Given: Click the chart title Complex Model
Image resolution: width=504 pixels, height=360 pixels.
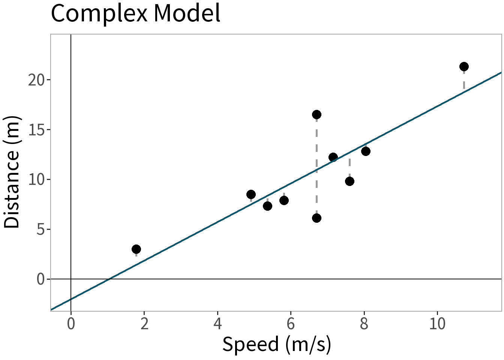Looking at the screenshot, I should pyautogui.click(x=135, y=13).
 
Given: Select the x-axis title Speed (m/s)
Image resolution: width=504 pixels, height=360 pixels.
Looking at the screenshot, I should pyautogui.click(x=277, y=344).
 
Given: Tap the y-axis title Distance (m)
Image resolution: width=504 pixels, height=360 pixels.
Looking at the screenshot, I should pyautogui.click(x=12, y=172).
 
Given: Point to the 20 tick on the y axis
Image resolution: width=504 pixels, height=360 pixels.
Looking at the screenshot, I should pyautogui.click(x=36, y=80).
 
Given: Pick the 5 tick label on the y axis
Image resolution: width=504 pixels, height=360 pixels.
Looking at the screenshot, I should pyautogui.click(x=40, y=229).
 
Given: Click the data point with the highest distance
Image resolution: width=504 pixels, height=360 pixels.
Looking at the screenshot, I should pyautogui.click(x=464, y=67).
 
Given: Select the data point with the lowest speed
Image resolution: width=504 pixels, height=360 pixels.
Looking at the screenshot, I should pyautogui.click(x=136, y=249).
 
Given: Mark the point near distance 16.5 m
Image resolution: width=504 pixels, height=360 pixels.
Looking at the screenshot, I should pyautogui.click(x=316, y=114).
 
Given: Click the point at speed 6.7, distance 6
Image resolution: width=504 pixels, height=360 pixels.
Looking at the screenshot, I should pyautogui.click(x=316, y=218).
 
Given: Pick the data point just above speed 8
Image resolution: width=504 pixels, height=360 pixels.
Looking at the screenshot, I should pyautogui.click(x=366, y=151).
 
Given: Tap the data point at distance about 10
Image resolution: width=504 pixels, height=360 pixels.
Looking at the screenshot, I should pyautogui.click(x=349, y=181).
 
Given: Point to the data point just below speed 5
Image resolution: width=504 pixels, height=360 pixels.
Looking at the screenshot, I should pyautogui.click(x=251, y=194).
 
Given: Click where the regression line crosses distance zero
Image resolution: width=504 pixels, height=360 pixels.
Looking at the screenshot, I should pyautogui.click(x=109, y=279).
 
